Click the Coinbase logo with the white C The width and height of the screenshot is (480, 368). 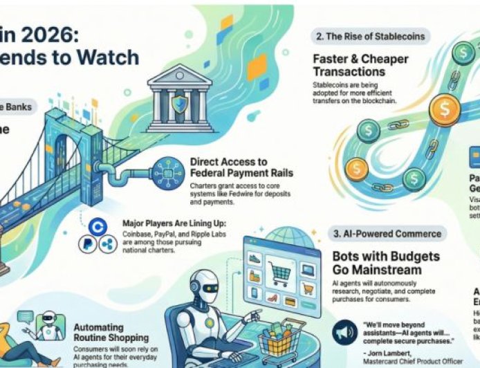point(98,226)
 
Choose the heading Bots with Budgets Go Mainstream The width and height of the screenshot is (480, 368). point(385,263)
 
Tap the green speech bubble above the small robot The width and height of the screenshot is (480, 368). point(27,317)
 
